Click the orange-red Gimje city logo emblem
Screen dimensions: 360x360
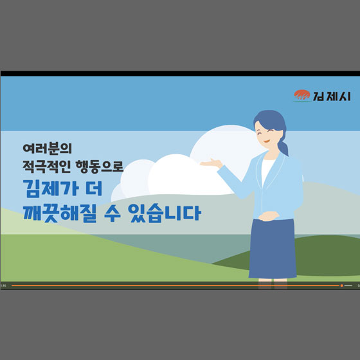(301, 96)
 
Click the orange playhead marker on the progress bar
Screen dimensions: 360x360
(341, 285)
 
